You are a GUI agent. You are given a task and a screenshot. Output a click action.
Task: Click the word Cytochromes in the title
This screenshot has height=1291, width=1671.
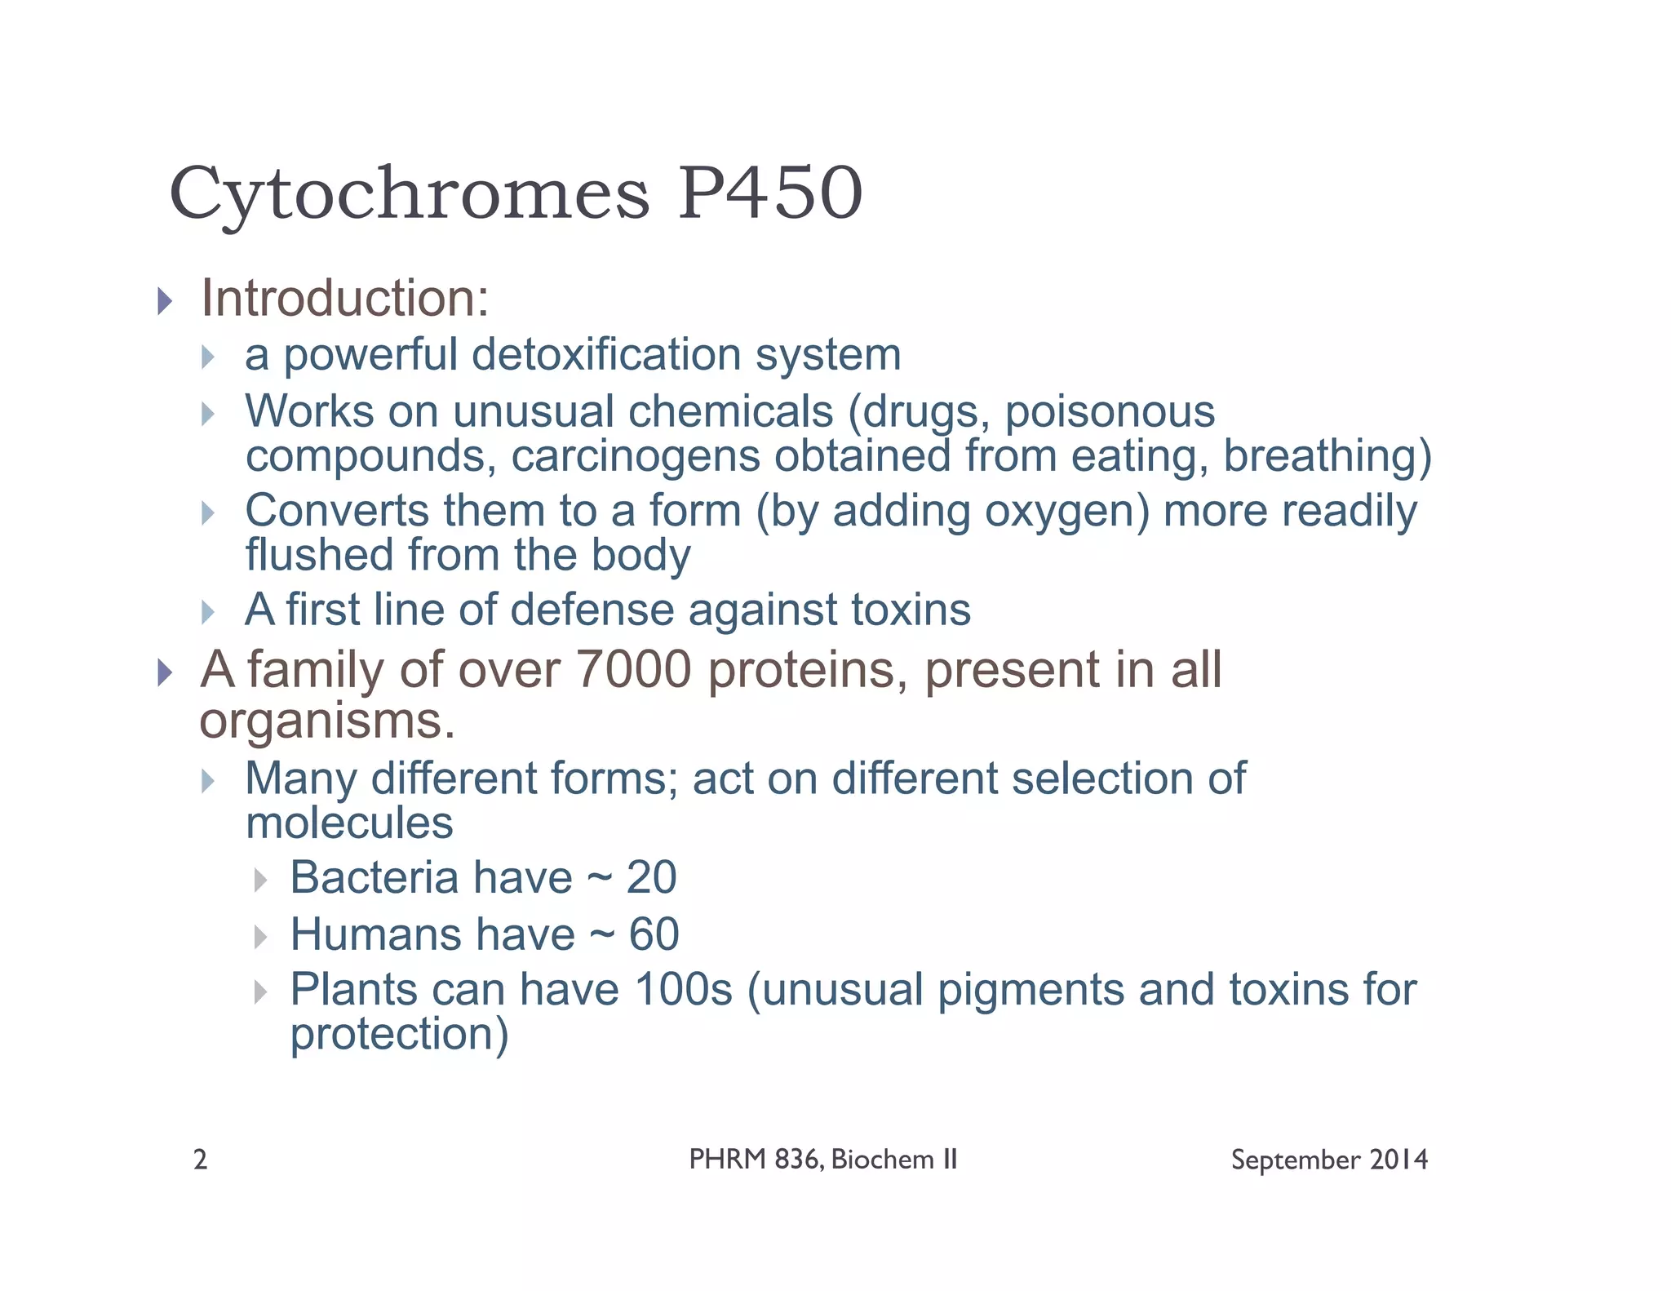[409, 194]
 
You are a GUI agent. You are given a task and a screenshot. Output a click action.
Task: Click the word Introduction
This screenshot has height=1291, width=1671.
[344, 299]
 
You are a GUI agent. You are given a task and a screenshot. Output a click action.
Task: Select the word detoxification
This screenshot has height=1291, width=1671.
[605, 355]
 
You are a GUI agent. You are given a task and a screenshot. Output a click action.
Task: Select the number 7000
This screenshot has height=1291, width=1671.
[633, 670]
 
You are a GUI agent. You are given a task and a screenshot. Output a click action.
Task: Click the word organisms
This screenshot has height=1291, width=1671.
[326, 721]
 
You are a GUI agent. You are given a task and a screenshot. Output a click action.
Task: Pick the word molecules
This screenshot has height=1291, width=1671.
[349, 823]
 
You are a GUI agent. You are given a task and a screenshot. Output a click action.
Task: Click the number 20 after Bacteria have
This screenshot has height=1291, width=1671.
[651, 878]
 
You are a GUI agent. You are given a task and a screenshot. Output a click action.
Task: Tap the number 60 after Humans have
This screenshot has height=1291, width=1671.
[654, 934]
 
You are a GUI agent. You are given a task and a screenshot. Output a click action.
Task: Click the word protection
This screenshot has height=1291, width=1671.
[399, 1035]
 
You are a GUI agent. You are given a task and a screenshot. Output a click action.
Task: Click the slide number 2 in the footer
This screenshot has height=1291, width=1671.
[201, 1160]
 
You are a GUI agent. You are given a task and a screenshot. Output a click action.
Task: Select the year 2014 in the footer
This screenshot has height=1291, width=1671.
[1398, 1160]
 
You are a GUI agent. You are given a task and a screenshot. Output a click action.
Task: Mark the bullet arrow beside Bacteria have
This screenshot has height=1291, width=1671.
[260, 881]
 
